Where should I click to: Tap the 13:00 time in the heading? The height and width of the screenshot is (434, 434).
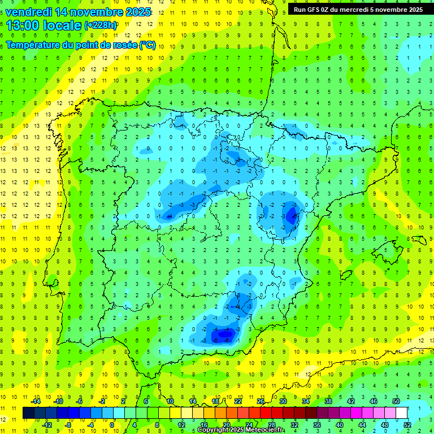[25, 25]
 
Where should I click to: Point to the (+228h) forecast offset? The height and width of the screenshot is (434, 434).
[101, 25]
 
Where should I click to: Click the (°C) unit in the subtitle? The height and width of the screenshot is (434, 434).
[147, 45]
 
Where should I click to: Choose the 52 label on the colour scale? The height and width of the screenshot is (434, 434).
[407, 424]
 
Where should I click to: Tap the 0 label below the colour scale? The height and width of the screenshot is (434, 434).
[112, 424]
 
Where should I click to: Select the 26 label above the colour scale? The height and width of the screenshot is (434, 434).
[261, 401]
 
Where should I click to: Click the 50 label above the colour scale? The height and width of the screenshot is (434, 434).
[396, 401]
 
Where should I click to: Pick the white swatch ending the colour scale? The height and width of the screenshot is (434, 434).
[402, 413]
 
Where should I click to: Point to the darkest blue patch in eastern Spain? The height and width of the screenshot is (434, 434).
[292, 215]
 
